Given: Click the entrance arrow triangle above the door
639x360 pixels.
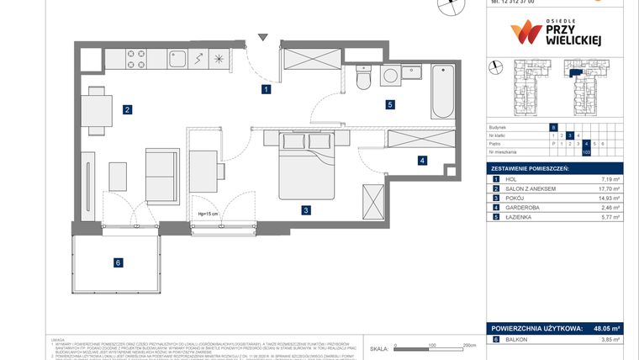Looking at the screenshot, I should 264,37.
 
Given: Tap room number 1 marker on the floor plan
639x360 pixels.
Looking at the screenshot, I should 266,88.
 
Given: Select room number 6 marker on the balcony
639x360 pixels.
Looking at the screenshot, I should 119,263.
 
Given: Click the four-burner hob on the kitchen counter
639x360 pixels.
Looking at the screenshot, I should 137,58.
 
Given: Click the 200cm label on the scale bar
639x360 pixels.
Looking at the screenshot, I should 469,346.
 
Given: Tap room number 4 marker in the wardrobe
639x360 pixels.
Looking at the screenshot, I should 423,160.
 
